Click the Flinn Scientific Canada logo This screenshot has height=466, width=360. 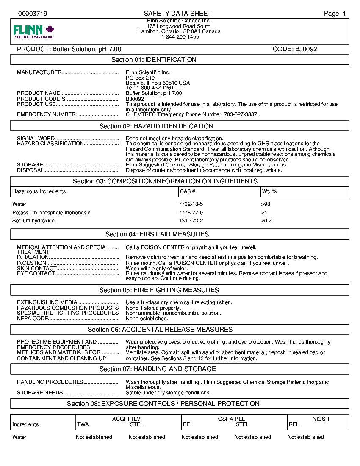[x=34, y=31]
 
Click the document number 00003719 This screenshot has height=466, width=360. [x=33, y=14]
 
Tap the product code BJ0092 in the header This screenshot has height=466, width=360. [x=295, y=49]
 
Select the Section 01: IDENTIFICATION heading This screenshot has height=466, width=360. [x=154, y=60]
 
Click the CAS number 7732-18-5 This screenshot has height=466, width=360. [x=191, y=204]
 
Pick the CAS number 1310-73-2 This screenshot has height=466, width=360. [x=191, y=221]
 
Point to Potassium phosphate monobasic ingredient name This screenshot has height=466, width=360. [x=51, y=213]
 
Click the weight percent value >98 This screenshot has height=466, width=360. [x=266, y=204]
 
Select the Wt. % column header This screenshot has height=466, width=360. [x=269, y=191]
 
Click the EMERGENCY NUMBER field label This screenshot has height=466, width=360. [x=46, y=114]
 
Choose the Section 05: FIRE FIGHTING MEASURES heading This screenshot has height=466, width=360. [x=159, y=290]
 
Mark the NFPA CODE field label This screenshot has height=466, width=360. [x=33, y=319]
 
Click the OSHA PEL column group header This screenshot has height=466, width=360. [x=231, y=419]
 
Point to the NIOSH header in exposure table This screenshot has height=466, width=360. [x=321, y=419]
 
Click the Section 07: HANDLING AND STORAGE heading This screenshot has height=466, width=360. [x=158, y=369]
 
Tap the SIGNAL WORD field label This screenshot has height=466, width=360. [x=36, y=139]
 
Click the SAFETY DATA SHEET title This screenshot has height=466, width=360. [x=178, y=14]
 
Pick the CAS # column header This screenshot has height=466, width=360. [x=188, y=191]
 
